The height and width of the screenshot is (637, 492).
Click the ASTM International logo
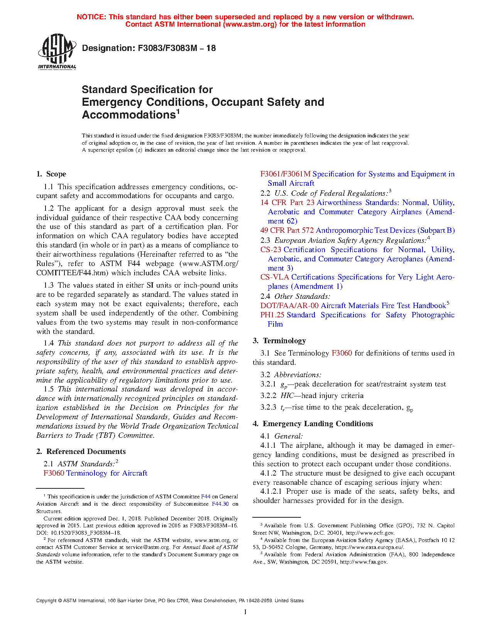(57, 51)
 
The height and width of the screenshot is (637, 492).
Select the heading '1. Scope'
(51, 174)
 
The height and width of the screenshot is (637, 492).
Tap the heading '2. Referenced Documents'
(81, 452)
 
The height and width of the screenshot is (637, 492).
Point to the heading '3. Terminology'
(279, 341)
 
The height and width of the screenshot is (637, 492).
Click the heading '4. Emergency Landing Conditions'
(313, 424)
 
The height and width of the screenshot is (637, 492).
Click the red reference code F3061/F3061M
(285, 174)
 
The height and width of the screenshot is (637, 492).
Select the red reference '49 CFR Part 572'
(287, 230)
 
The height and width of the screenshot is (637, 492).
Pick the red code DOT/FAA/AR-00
(289, 306)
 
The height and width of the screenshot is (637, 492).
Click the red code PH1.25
(272, 315)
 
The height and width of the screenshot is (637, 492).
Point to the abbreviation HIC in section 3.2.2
(287, 396)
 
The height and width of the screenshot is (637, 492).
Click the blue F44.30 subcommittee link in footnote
(220, 504)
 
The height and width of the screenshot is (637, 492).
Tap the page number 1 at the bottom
(245, 612)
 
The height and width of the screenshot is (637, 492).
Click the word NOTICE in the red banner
(91, 17)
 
